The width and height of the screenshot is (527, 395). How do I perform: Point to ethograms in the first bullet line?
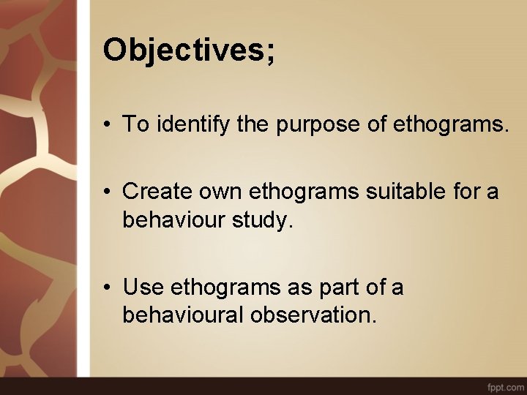coord(450,125)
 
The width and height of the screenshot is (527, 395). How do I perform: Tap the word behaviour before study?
coord(175,220)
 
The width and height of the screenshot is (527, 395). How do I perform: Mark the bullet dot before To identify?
coord(108,126)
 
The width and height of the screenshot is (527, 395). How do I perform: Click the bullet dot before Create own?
coord(108,193)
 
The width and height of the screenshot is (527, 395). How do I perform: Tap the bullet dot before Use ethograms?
coord(108,288)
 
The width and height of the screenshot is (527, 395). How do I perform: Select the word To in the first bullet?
coord(135,125)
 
